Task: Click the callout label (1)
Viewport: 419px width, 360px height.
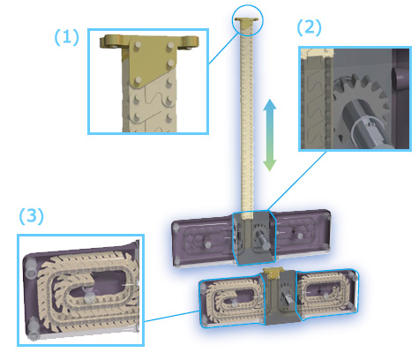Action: click(67, 37)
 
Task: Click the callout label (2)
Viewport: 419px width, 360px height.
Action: click(309, 27)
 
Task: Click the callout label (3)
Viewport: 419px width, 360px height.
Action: click(32, 216)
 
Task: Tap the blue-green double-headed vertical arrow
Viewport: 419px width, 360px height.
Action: click(269, 135)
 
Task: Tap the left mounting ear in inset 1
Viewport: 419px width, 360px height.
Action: click(112, 41)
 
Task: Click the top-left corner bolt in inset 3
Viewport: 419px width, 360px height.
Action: click(30, 269)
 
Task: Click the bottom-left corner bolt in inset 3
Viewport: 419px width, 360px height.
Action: click(34, 329)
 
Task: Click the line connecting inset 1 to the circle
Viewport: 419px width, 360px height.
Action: click(223, 49)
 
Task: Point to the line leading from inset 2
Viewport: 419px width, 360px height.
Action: click(296, 181)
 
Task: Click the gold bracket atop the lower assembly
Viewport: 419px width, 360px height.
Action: click(273, 273)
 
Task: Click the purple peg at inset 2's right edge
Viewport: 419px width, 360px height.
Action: click(399, 78)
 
